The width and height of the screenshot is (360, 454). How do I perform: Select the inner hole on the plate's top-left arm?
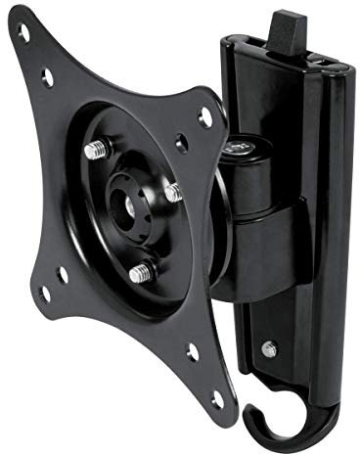pos(47,73)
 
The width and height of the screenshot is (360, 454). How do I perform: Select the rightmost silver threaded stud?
pos(171,192)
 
